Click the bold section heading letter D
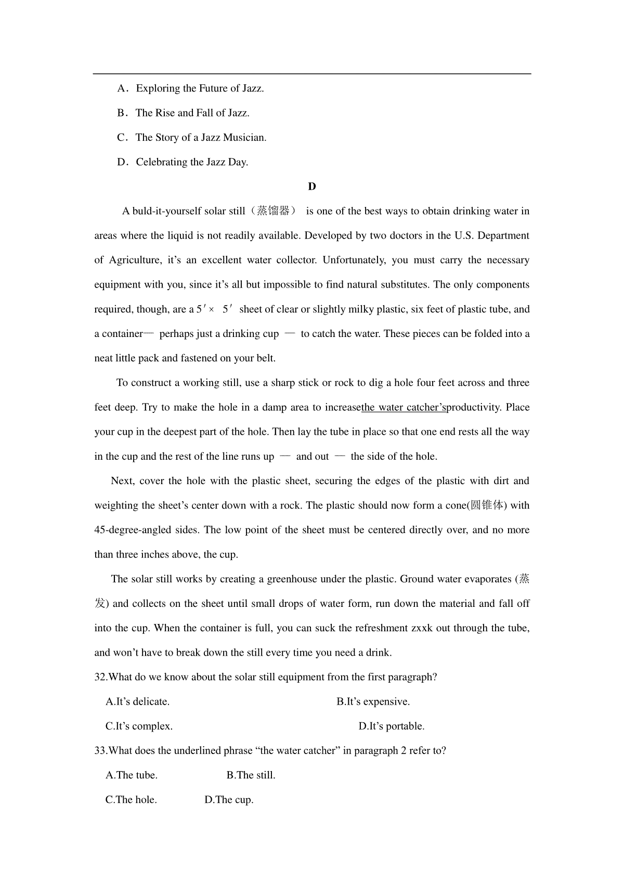[312, 187]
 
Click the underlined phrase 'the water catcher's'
[404, 407]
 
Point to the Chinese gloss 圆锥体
[487, 505]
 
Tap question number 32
[100, 677]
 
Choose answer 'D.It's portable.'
[391, 726]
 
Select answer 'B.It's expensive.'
[373, 702]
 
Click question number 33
[100, 751]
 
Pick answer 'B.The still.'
[251, 775]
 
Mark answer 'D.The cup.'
[229, 800]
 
